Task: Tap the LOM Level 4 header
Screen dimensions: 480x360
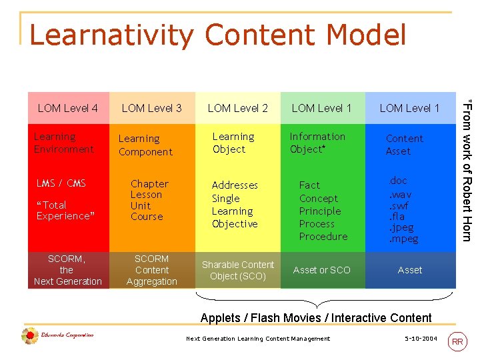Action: pos(68,108)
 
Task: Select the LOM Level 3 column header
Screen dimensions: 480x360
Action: pos(152,108)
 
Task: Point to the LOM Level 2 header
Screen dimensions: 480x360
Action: pos(238,108)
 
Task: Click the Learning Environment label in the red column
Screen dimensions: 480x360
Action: pos(64,143)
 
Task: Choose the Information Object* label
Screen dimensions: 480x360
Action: pos(317,143)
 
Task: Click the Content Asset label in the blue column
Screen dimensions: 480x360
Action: pos(404,145)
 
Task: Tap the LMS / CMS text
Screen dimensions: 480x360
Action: pos(61,183)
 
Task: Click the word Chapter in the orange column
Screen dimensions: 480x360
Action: pos(149,184)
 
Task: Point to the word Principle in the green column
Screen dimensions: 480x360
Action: pos(320,211)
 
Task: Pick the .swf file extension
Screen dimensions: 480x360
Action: pos(399,206)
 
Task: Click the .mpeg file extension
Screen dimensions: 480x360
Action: pos(404,239)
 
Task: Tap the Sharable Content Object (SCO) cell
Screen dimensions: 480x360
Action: pos(238,270)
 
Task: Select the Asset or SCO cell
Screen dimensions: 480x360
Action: pos(321,270)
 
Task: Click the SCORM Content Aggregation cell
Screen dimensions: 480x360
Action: pos(152,270)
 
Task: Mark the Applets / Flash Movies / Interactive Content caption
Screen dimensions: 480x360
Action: pos(316,318)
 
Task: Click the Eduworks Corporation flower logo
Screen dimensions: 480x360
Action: pos(29,336)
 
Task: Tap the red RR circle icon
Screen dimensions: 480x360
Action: pos(457,341)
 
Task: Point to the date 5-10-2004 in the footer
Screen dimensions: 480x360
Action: pos(421,339)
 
